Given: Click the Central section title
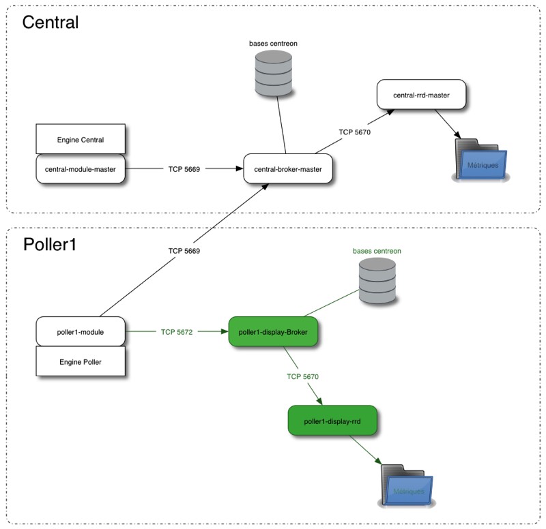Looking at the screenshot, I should click(x=51, y=22).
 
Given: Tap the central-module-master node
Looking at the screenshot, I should click(x=81, y=168).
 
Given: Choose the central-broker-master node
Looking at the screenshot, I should click(x=288, y=168).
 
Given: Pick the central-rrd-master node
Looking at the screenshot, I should click(x=421, y=95).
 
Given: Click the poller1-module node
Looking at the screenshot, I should click(x=81, y=332).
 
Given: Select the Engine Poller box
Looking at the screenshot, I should click(x=81, y=361).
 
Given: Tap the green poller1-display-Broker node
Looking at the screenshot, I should click(x=273, y=332).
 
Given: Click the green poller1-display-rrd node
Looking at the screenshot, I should click(x=332, y=421).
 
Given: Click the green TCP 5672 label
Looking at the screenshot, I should click(x=177, y=332).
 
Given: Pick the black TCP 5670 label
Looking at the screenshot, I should click(x=354, y=131).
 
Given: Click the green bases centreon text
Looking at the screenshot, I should click(x=377, y=251).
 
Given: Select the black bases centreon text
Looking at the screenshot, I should click(x=273, y=43).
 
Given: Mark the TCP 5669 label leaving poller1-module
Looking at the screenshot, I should click(x=184, y=250).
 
